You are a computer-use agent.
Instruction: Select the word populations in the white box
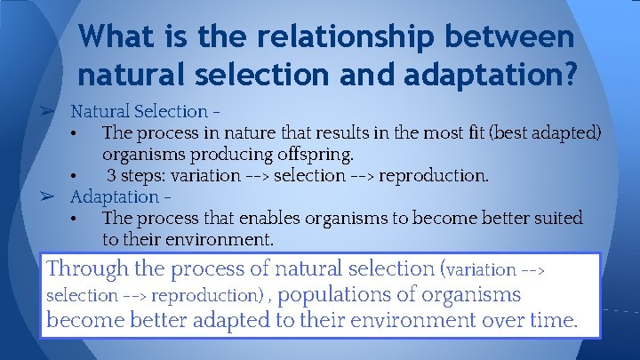(334, 294)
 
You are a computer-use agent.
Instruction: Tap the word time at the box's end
(548, 321)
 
